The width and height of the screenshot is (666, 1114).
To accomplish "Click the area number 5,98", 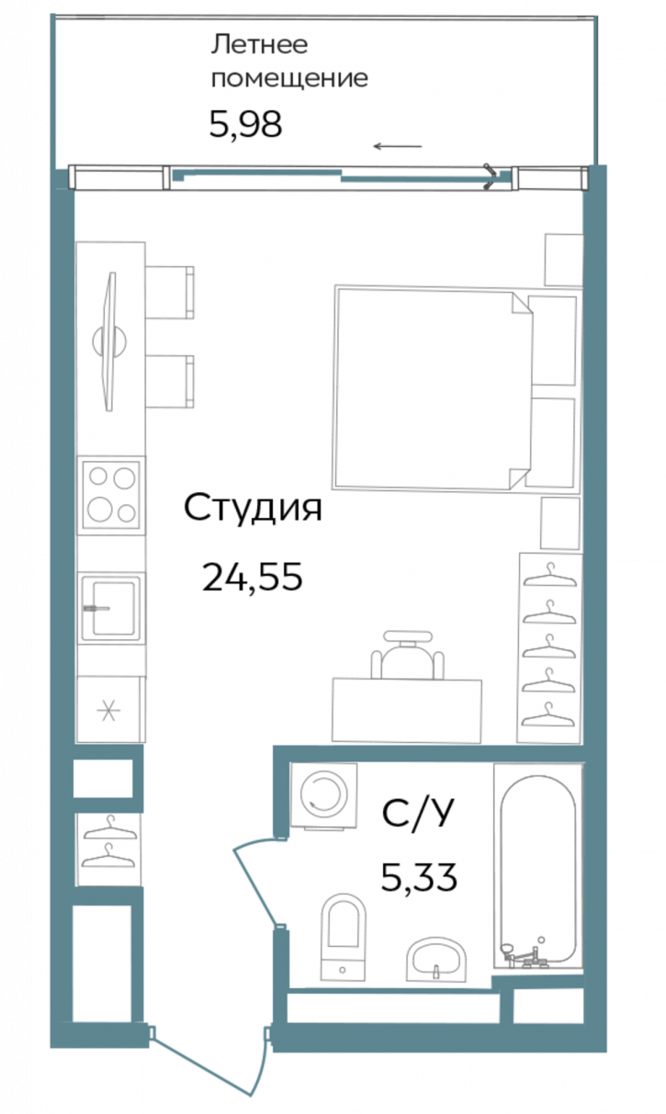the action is (x=245, y=124).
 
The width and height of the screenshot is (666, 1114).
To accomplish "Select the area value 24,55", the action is (x=253, y=577).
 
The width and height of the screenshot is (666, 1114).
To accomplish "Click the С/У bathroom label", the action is (x=418, y=813).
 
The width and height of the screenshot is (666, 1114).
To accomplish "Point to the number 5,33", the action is (x=419, y=878).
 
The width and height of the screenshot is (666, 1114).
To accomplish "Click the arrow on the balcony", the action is (x=398, y=146).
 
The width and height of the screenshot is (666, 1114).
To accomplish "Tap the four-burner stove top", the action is (x=111, y=495).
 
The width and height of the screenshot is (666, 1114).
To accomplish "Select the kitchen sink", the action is (x=110, y=607).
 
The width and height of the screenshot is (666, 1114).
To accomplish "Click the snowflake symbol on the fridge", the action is (x=108, y=710).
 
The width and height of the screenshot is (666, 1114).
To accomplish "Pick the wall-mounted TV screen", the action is (x=110, y=341).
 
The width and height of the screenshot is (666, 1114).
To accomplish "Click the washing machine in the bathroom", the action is (x=324, y=796).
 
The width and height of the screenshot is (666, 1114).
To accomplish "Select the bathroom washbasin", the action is (x=436, y=962).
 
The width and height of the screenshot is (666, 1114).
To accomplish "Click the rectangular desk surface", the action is (x=407, y=711).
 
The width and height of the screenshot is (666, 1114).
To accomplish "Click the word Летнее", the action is (x=260, y=45).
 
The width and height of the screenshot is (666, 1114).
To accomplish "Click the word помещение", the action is (x=289, y=79).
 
